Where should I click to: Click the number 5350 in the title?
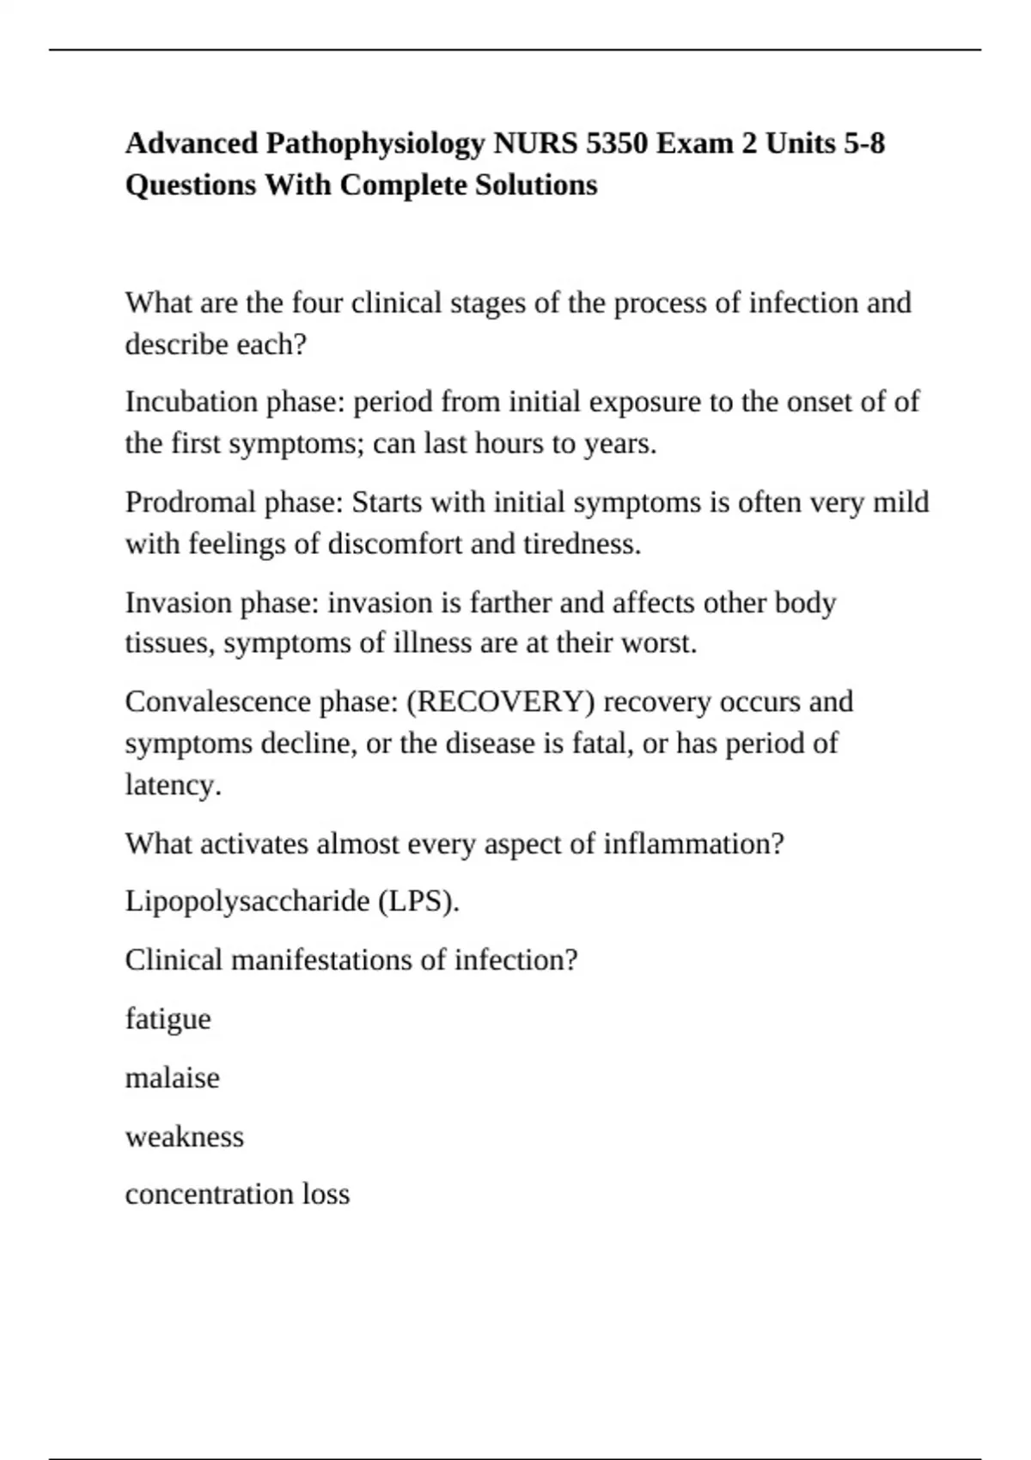[616, 143]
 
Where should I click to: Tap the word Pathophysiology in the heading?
[375, 143]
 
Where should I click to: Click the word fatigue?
[168, 1019]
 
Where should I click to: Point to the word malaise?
[172, 1078]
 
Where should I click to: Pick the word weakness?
[184, 1136]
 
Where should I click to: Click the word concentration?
[210, 1194]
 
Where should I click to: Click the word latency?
[173, 785]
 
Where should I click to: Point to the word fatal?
[601, 743]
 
